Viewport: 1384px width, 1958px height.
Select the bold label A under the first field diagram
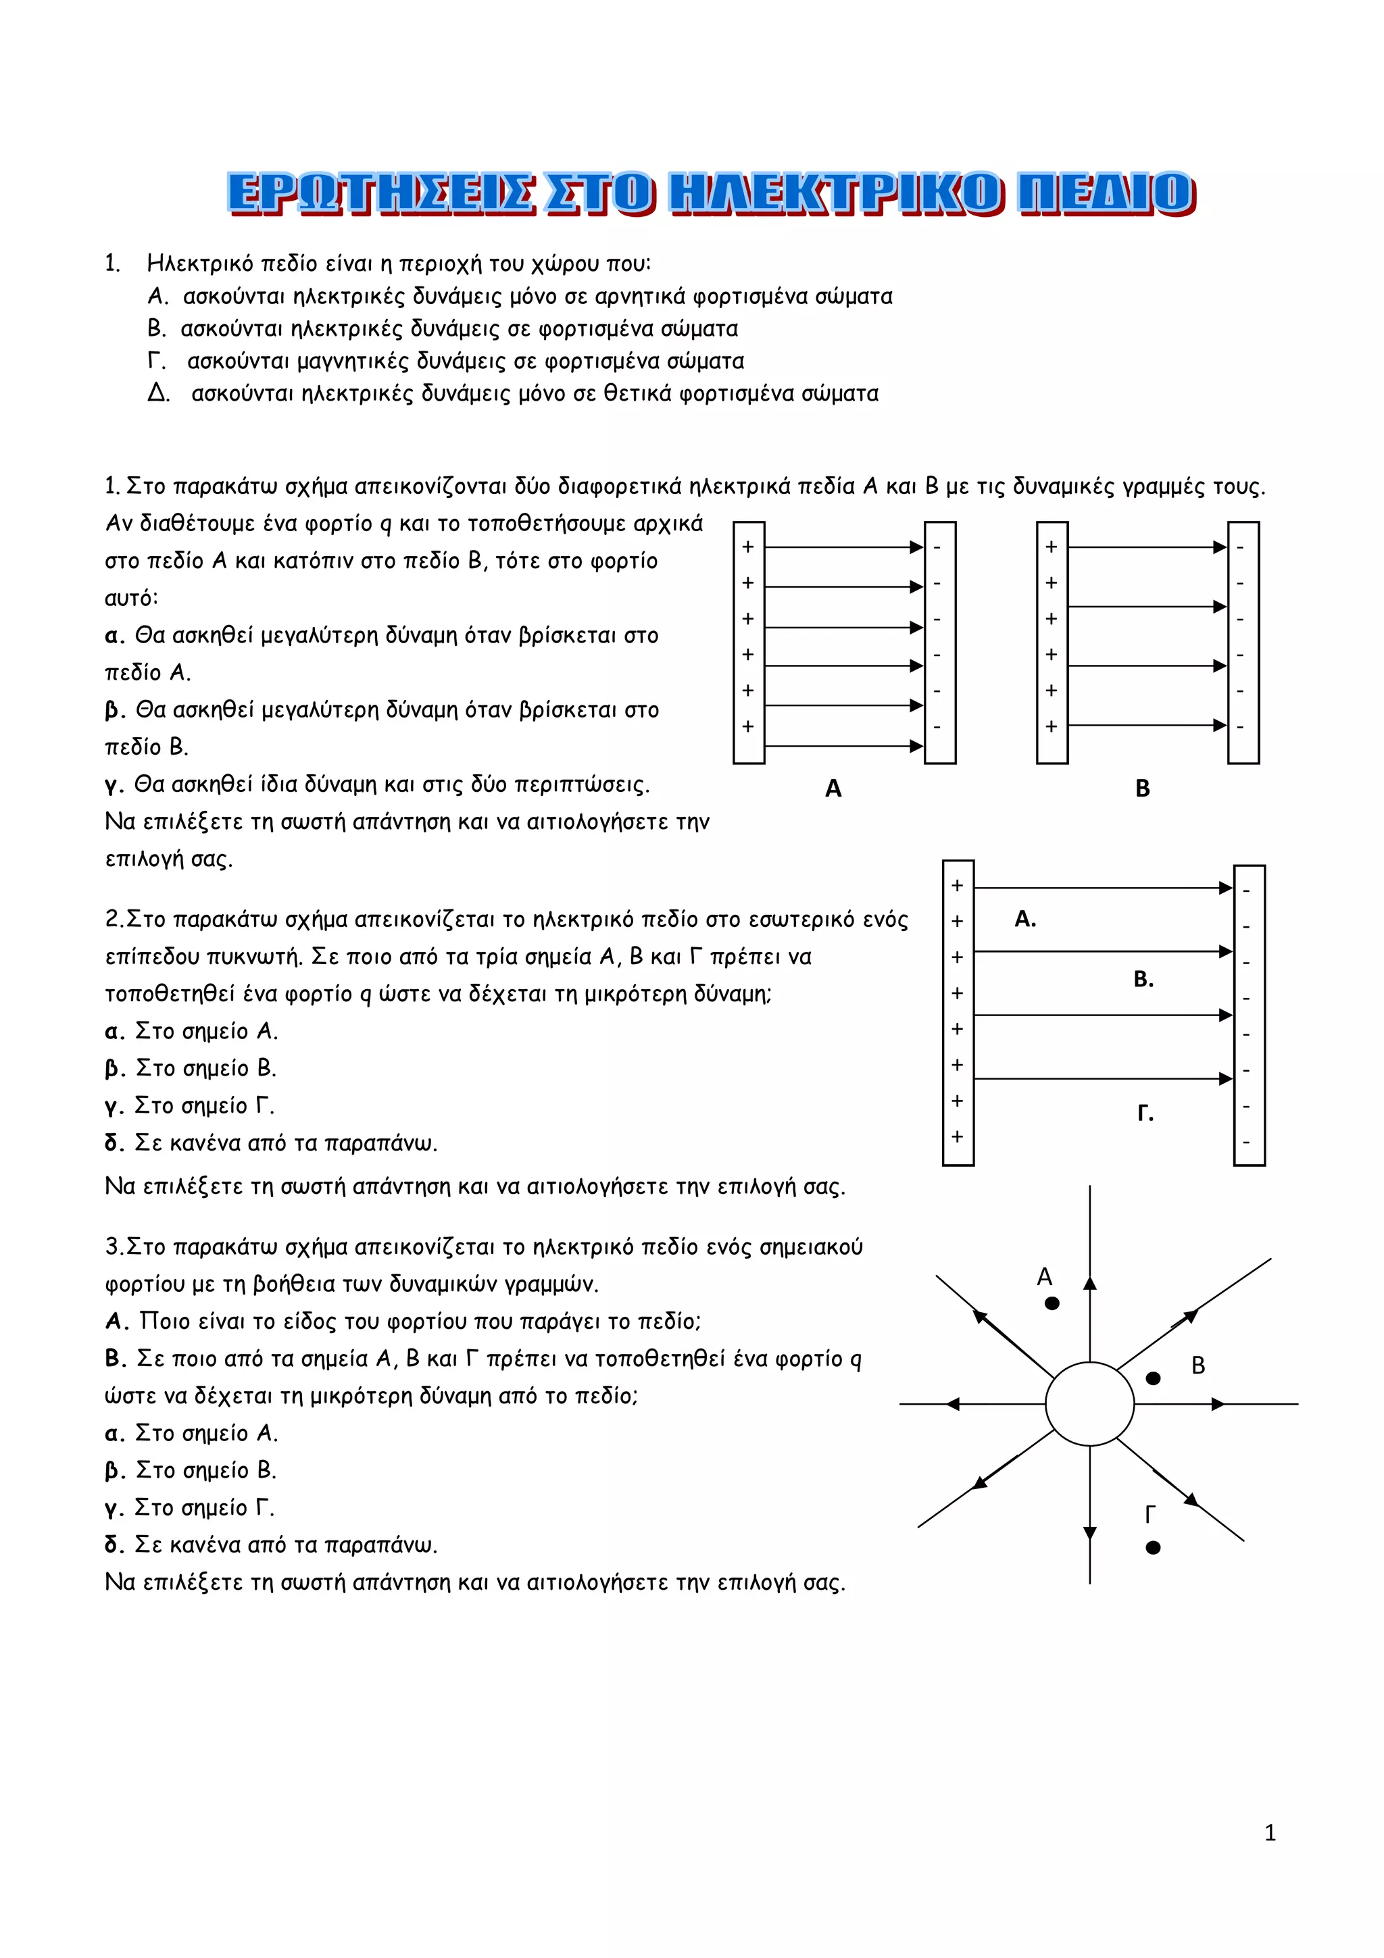click(x=833, y=789)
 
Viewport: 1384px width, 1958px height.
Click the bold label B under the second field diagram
click(x=1143, y=789)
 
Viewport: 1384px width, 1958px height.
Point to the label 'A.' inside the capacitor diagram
click(x=1025, y=920)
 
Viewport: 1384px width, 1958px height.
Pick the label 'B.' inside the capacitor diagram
click(x=1143, y=980)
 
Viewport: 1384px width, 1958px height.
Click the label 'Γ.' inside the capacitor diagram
click(x=1145, y=1113)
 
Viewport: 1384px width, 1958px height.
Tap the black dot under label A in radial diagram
click(x=1052, y=1303)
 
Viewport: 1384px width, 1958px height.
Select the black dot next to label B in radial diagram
click(x=1153, y=1378)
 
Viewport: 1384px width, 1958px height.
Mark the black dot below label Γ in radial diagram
click(x=1153, y=1548)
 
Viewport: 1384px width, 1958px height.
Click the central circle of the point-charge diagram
click(x=1090, y=1404)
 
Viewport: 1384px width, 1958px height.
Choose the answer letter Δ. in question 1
click(x=159, y=394)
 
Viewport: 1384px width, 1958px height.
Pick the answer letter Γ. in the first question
click(x=157, y=361)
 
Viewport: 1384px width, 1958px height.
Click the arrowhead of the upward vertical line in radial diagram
click(x=1090, y=1282)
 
